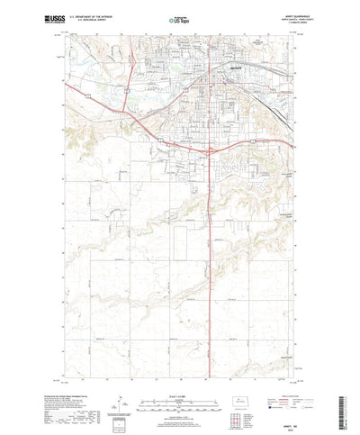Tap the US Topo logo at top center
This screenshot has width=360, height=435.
pyautogui.click(x=179, y=18)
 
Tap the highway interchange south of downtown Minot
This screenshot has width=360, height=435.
pyautogui.click(x=210, y=150)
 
